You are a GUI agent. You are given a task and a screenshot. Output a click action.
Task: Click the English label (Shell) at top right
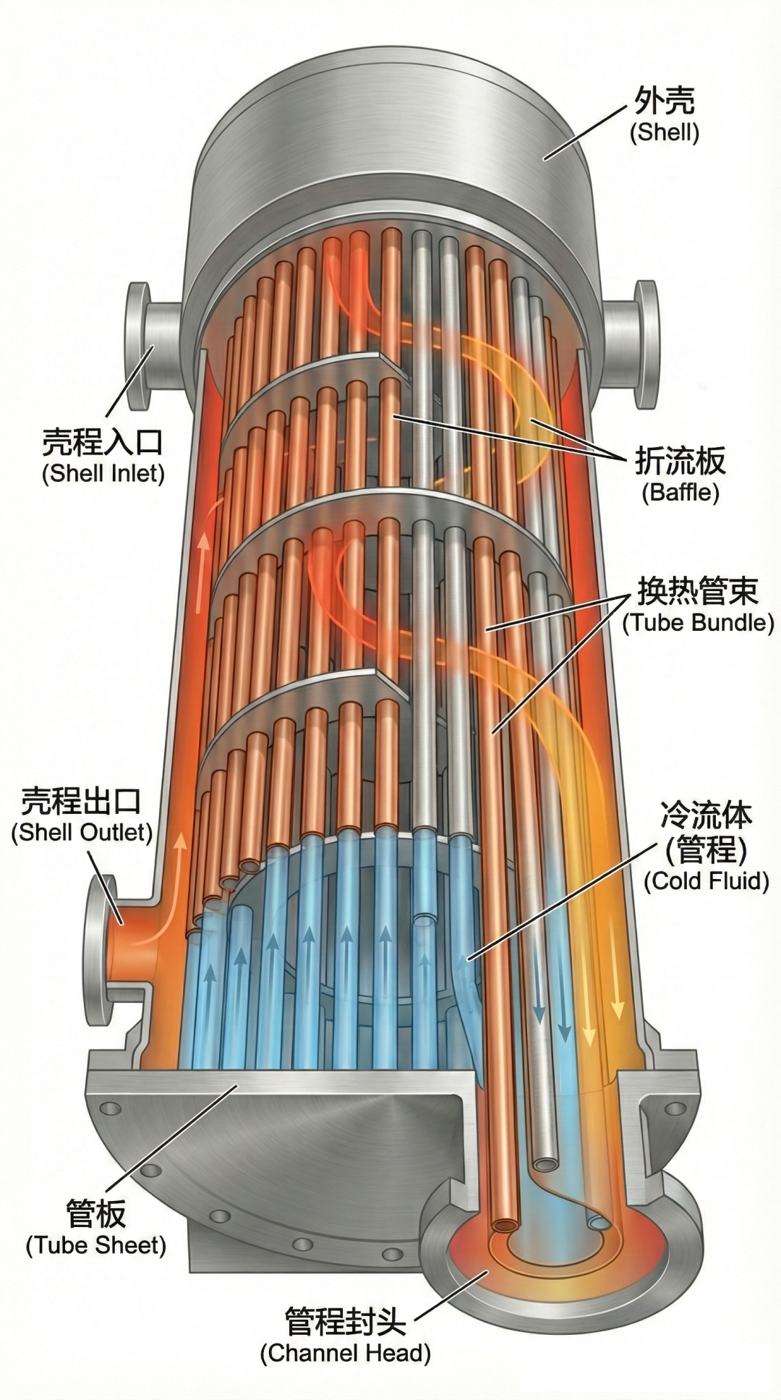(664, 133)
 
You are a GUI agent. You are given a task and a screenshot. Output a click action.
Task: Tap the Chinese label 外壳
(664, 101)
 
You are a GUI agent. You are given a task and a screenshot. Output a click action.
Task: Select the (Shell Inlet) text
(103, 473)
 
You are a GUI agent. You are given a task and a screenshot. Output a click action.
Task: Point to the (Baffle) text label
(680, 492)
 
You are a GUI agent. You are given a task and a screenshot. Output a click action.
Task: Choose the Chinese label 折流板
(680, 460)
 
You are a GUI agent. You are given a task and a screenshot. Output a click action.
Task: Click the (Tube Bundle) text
(698, 622)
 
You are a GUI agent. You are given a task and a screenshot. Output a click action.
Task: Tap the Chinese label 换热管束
(697, 591)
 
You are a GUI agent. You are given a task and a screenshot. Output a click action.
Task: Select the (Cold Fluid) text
(706, 881)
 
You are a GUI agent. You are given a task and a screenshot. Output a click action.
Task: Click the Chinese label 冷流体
(706, 815)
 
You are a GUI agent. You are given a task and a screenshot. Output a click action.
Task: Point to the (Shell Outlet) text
(82, 832)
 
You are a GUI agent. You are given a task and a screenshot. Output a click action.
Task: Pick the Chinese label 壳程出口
(81, 800)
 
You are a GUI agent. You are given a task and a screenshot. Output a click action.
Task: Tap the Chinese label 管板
(95, 1213)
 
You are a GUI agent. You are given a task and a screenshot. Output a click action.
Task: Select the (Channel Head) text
(345, 1353)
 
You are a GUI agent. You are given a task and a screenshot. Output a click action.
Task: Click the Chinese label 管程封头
(345, 1321)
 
